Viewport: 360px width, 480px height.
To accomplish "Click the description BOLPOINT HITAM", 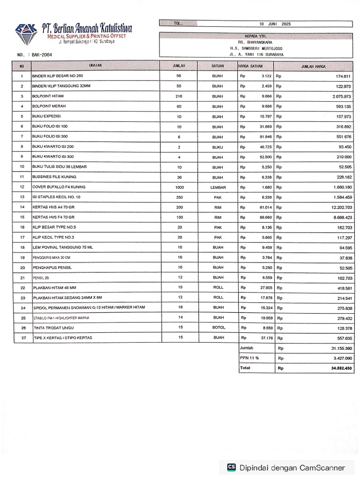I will tap(48, 96).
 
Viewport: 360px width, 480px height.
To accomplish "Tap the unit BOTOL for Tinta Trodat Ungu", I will tap(217, 328).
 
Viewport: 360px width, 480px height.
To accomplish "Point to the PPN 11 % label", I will tap(249, 358).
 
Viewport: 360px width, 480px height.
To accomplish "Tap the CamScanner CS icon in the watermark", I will tap(231, 467).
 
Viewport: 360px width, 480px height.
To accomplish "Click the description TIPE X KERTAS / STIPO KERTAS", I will tap(63, 338).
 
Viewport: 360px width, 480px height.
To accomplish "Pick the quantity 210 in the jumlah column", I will tap(179, 96).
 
